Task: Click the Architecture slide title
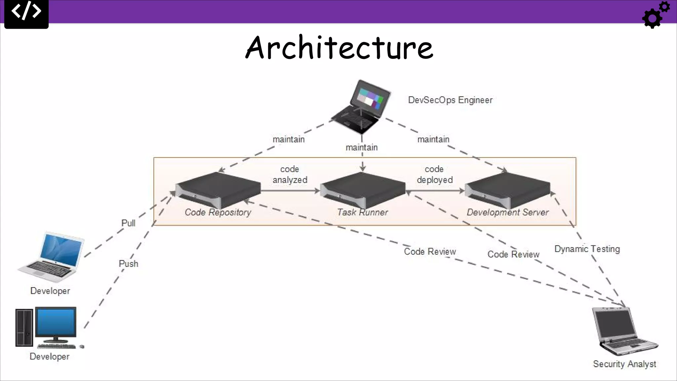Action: point(339,48)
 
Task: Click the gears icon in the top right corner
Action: point(655,15)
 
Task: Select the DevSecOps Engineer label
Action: point(450,100)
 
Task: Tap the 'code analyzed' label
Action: point(290,175)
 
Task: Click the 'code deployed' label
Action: point(434,175)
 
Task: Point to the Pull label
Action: point(128,223)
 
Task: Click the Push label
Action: point(128,264)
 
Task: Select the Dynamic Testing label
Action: point(587,249)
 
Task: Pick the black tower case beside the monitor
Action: point(24,327)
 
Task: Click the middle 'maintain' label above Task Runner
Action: point(362,148)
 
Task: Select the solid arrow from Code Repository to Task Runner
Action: point(290,191)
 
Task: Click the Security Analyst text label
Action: point(624,364)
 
